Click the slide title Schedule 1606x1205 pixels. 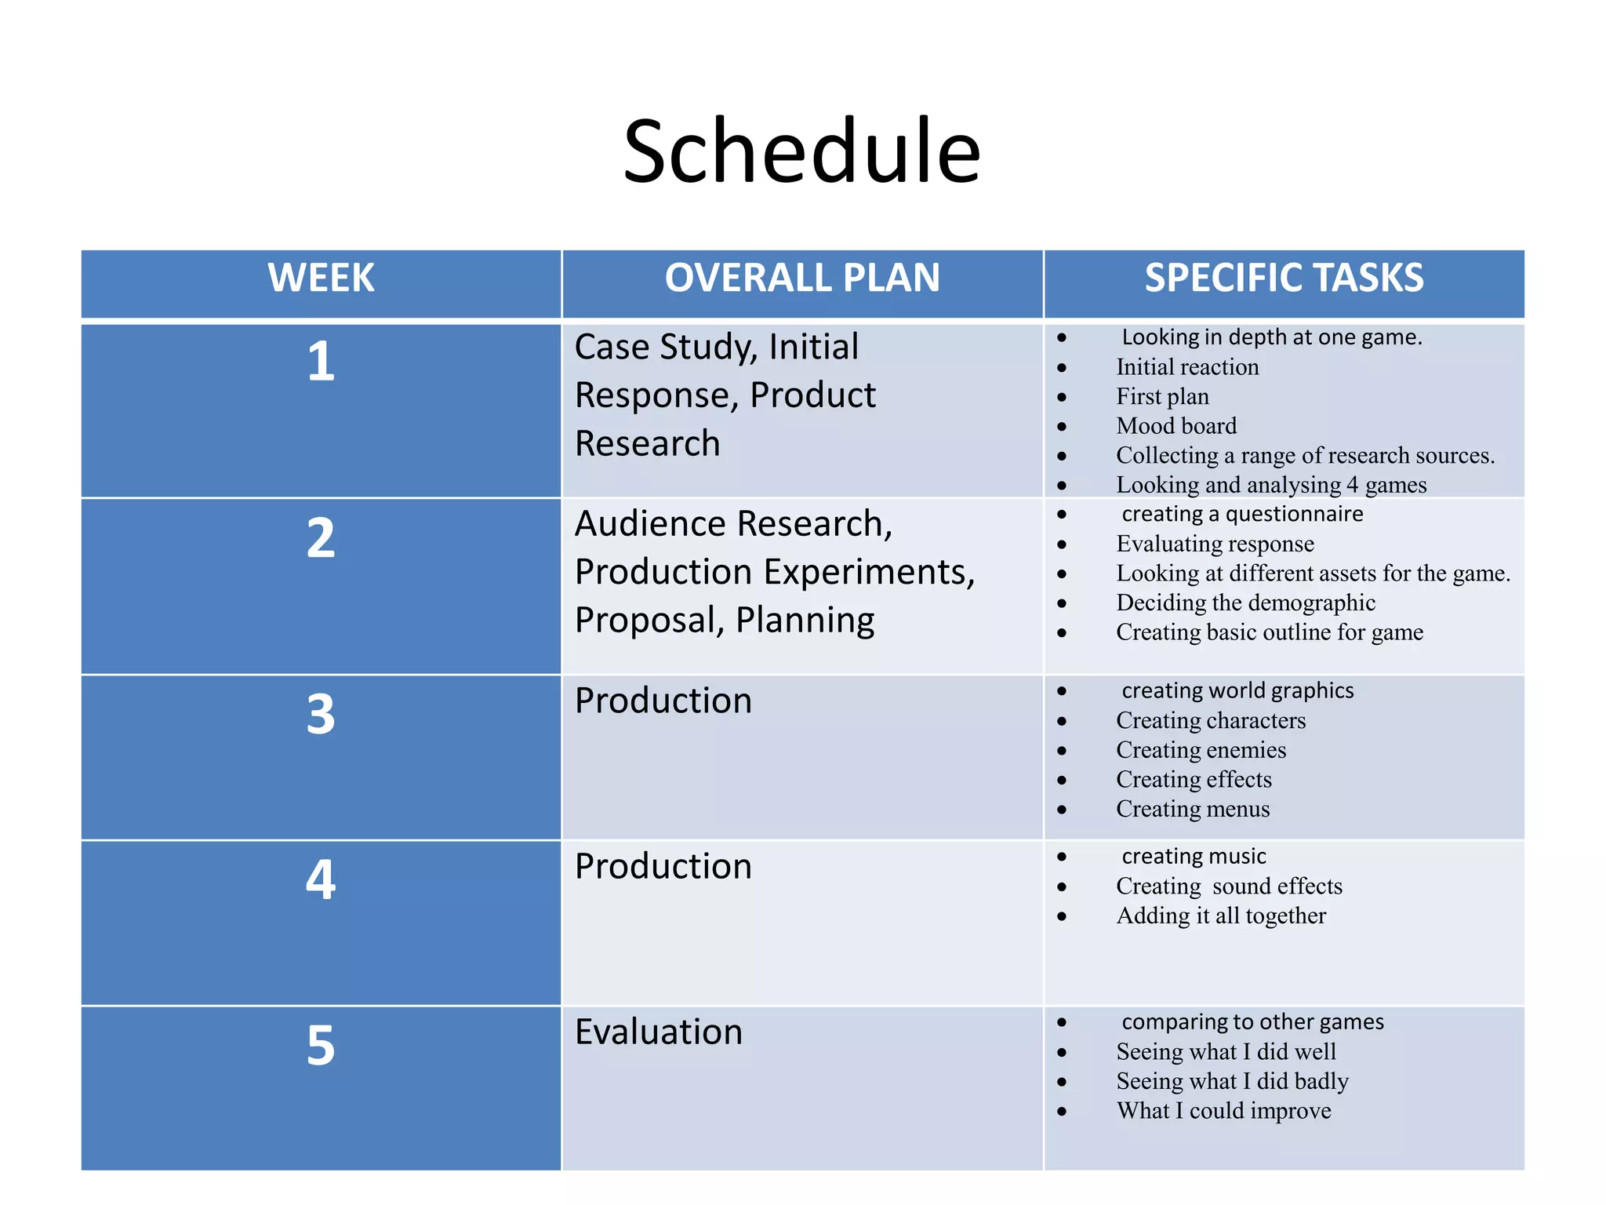pyautogui.click(x=801, y=151)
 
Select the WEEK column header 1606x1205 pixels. pyautogui.click(x=321, y=278)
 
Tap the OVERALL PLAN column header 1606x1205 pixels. pyautogui.click(x=802, y=278)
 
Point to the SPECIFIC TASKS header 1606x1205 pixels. pyautogui.click(x=1284, y=278)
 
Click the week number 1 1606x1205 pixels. pyautogui.click(x=321, y=362)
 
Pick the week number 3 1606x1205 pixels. pyautogui.click(x=321, y=715)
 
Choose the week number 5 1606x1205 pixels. pyautogui.click(x=321, y=1046)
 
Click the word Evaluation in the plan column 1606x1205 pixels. pyautogui.click(x=658, y=1032)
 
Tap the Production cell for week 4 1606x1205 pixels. pyautogui.click(x=663, y=866)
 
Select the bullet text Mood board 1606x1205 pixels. pyautogui.click(x=1176, y=426)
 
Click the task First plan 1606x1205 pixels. pyautogui.click(x=1162, y=396)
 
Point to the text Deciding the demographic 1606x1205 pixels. pyautogui.click(x=1245, y=602)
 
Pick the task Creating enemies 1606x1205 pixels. pyautogui.click(x=1201, y=750)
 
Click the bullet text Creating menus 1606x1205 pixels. pyautogui.click(x=1193, y=809)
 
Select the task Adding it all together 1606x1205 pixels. pyautogui.click(x=1221, y=916)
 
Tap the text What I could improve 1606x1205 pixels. pyautogui.click(x=1223, y=1111)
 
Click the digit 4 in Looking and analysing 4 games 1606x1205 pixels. pyautogui.click(x=1353, y=486)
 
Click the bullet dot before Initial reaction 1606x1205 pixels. pyautogui.click(x=1062, y=367)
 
